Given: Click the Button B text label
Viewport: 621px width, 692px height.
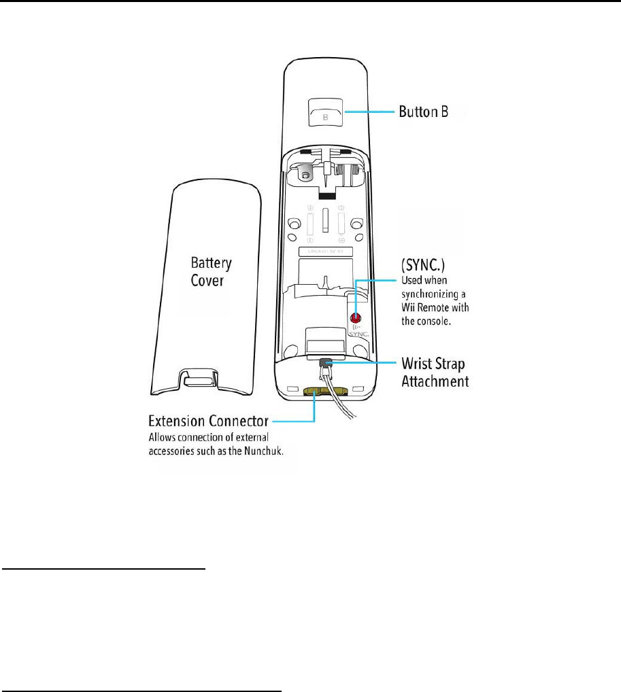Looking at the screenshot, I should click(422, 111).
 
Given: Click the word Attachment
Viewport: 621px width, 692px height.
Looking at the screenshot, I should click(433, 381).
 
